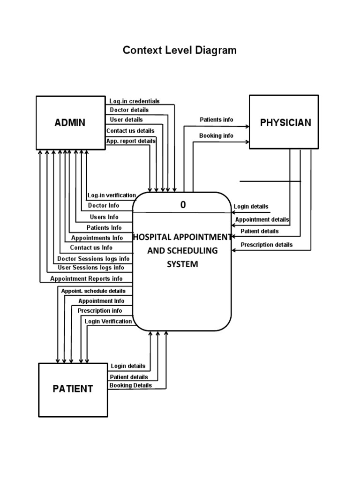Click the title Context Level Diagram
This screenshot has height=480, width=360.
tap(180, 50)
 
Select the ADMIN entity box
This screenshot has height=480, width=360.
tap(70, 123)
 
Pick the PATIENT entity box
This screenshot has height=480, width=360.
tap(73, 389)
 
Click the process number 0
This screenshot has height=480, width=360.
tap(183, 205)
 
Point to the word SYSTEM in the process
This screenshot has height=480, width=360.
tap(182, 264)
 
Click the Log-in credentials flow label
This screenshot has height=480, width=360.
tap(135, 101)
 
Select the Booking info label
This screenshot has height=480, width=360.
tap(216, 136)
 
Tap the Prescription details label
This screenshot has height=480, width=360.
tap(266, 245)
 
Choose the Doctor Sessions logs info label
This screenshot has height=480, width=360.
tap(93, 259)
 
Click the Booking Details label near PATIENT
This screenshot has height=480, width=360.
tap(131, 385)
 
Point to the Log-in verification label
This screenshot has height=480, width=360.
tap(112, 195)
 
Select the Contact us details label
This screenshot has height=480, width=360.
tap(130, 131)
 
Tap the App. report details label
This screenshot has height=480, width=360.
tap(131, 141)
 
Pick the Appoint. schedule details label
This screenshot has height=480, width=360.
tap(93, 291)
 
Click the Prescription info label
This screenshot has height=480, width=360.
tap(100, 311)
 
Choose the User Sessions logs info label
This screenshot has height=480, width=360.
tap(91, 268)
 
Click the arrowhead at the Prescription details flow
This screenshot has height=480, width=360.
tap(234, 250)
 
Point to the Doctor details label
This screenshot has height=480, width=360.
tap(129, 110)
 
